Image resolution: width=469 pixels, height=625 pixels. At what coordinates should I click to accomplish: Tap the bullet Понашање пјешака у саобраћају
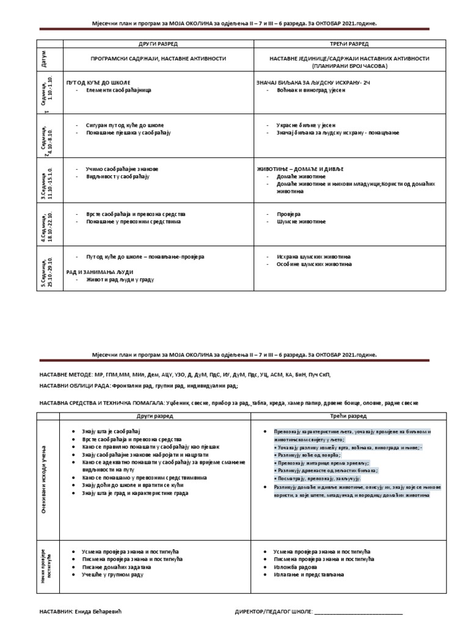(x=131, y=132)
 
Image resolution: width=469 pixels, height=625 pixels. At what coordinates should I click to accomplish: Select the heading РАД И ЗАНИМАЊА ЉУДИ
(x=100, y=272)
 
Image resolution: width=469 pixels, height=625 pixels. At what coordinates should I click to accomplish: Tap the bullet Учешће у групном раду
(x=109, y=574)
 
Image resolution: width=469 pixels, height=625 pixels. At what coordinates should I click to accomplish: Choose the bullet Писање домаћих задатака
(x=113, y=566)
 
